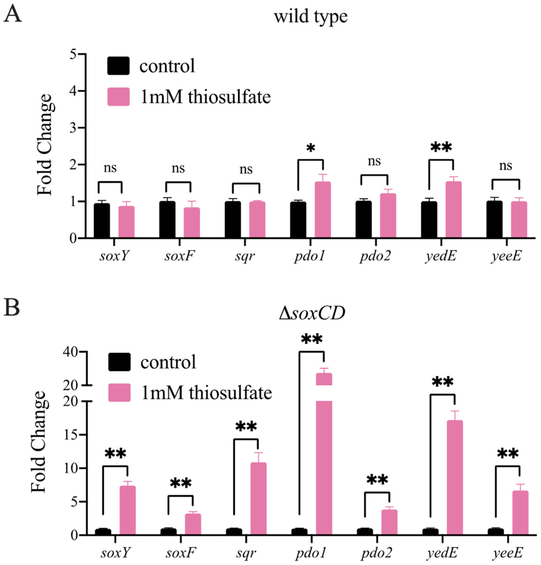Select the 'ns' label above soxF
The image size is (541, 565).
point(178,168)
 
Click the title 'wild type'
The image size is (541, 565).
point(311,17)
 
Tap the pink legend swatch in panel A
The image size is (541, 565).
point(119,97)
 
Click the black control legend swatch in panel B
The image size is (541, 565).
point(119,362)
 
